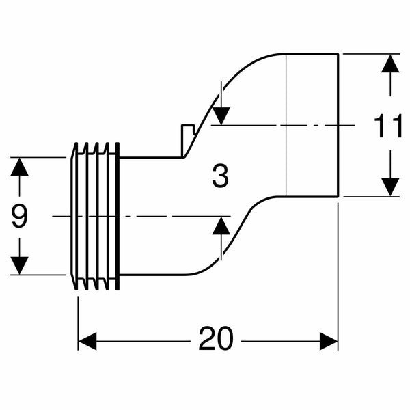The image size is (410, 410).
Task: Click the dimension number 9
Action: click(x=19, y=217)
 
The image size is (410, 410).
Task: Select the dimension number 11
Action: click(x=388, y=126)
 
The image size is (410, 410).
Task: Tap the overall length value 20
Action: click(x=216, y=338)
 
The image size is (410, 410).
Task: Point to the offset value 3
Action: click(x=219, y=177)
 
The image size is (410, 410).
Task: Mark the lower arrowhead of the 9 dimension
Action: click(x=19, y=265)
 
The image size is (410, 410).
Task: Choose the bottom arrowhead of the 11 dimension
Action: click(x=389, y=187)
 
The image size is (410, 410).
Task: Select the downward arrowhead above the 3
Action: click(x=220, y=115)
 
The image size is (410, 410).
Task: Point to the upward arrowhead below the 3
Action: click(x=221, y=225)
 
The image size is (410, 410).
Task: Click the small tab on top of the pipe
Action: click(x=185, y=137)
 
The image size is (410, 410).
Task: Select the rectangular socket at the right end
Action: click(x=312, y=125)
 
